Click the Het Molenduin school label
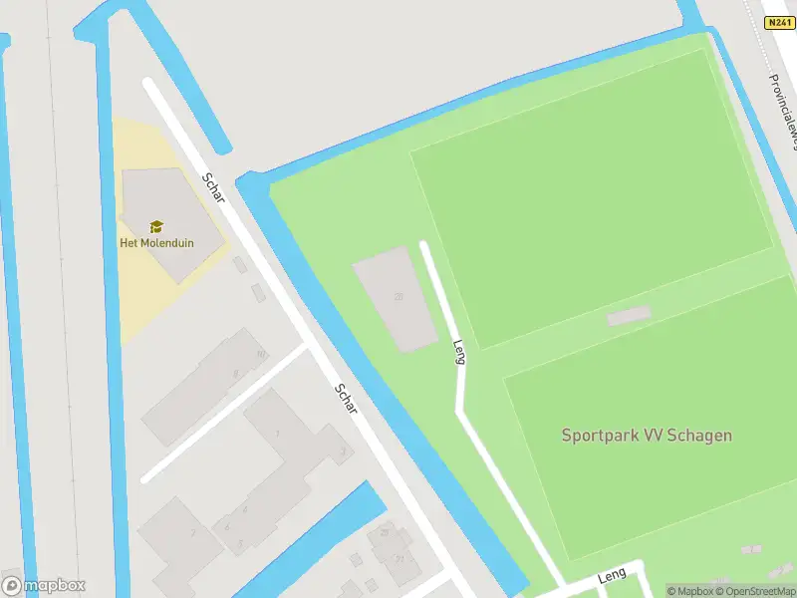156,242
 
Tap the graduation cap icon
156,227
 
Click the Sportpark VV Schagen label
647,435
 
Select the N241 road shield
778,22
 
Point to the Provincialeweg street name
783,110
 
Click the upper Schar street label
213,187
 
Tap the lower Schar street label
347,400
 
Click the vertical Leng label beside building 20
459,352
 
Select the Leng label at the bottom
611,577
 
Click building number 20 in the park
398,297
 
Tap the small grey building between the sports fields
628,316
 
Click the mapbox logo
44,585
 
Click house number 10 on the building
261,354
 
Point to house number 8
236,374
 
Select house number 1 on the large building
277,434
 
